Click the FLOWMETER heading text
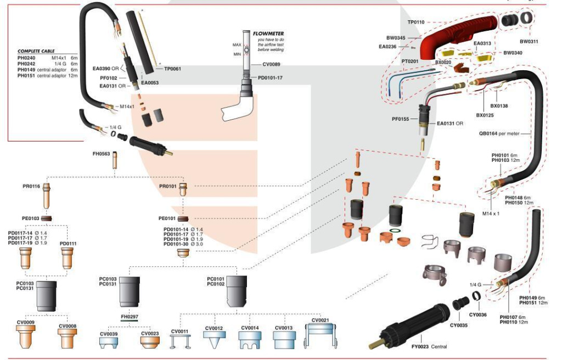268,33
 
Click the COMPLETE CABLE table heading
36,51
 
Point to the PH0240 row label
26,57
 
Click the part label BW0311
529,41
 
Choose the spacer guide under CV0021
320,336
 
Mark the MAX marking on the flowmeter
237,44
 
